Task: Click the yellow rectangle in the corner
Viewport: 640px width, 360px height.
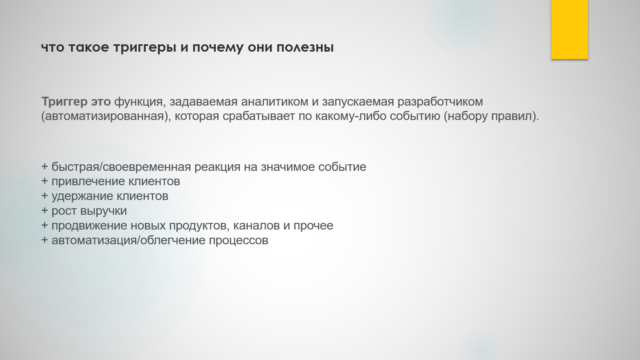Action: click(x=569, y=30)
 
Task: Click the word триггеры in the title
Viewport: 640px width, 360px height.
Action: click(x=144, y=48)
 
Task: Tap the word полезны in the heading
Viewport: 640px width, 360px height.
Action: click(x=305, y=47)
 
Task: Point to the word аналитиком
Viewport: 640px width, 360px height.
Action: click(x=274, y=102)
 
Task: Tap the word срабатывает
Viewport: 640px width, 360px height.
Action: click(x=258, y=117)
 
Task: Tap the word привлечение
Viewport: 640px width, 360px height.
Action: click(x=88, y=182)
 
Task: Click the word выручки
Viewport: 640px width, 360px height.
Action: click(x=103, y=211)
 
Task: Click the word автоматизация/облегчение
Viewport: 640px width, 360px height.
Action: click(x=128, y=240)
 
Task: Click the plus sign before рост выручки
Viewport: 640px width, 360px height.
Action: click(x=45, y=211)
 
